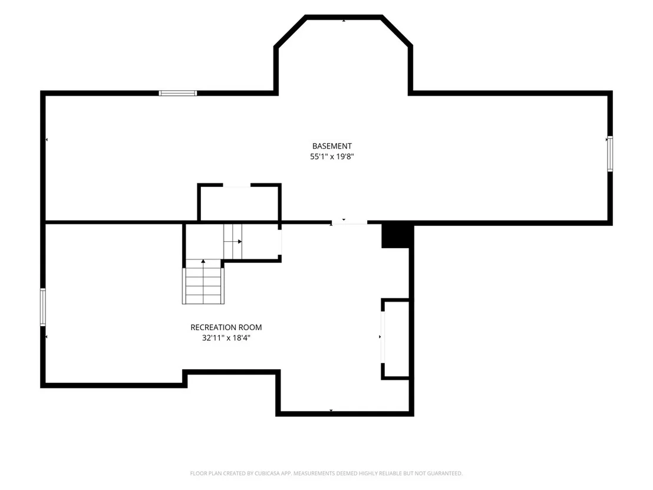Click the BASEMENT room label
click(x=332, y=146)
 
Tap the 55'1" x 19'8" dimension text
click(x=332, y=157)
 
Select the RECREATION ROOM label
click(x=226, y=327)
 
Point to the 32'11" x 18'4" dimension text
click(x=226, y=338)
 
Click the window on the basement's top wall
click(x=177, y=93)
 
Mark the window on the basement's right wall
click(x=610, y=154)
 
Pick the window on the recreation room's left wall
click(x=43, y=307)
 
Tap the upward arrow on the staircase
click(x=203, y=261)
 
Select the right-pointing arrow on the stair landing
click(x=240, y=242)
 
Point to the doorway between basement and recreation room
click(x=349, y=223)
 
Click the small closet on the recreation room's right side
click(x=397, y=338)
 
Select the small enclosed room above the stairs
click(x=239, y=202)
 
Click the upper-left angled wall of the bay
click(x=290, y=31)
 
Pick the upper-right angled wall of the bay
click(x=397, y=31)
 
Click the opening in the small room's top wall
click(x=236, y=185)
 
